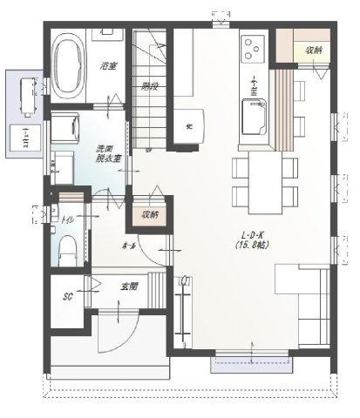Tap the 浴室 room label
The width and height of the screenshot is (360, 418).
pyautogui.click(x=108, y=65)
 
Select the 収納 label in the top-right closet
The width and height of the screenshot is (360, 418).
pyautogui.click(x=313, y=51)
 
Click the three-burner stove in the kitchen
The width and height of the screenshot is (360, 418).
pyautogui.click(x=255, y=45)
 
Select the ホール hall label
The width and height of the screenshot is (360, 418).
pyautogui.click(x=128, y=246)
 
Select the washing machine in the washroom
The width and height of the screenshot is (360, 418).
pyautogui.click(x=65, y=131)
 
